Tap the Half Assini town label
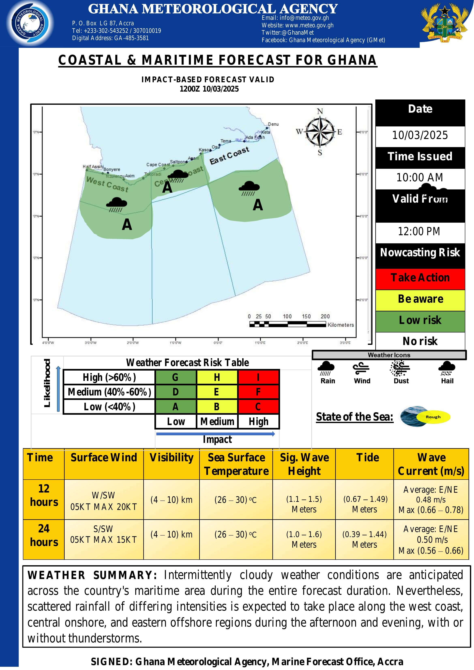point(93,167)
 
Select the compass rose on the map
point(320,132)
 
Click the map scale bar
point(288,324)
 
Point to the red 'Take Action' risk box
point(420,278)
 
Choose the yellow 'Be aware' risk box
point(420,299)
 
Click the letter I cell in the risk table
point(258,377)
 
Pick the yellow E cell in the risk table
point(217,392)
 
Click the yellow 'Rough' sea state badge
point(433,417)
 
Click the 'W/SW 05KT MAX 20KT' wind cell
point(104,501)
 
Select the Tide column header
point(368,457)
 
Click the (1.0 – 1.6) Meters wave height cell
point(304,539)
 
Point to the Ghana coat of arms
point(445,23)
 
